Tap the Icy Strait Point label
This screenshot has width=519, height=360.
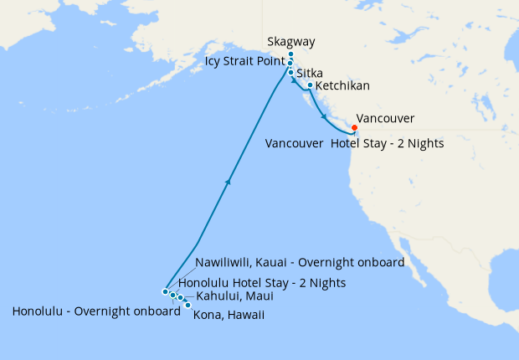click(243, 61)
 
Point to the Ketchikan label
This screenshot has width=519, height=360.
click(343, 85)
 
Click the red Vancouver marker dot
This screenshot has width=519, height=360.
click(354, 128)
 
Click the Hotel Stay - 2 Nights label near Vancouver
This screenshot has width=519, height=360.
click(387, 144)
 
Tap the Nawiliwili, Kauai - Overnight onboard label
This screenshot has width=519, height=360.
click(300, 262)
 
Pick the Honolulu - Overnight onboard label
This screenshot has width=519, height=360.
click(96, 312)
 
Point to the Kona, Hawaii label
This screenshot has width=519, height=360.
click(229, 315)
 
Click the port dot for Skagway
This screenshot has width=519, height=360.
click(290, 54)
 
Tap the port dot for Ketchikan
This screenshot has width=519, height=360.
click(310, 85)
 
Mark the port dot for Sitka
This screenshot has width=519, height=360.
click(291, 73)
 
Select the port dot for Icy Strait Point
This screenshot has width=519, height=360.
click(290, 64)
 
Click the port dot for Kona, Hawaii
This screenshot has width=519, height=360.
click(188, 305)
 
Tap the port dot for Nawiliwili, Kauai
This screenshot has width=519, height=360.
click(166, 291)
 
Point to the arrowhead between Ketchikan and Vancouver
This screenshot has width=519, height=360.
click(324, 118)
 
